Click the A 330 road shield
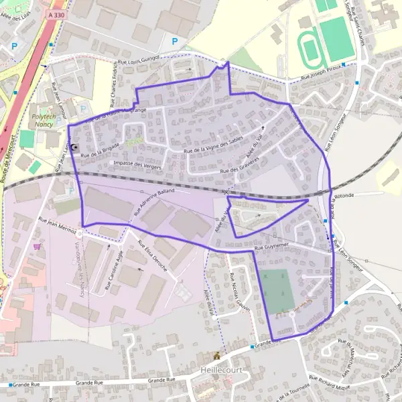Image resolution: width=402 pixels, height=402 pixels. (58, 14)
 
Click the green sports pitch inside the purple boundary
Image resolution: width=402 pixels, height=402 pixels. (277, 291)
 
